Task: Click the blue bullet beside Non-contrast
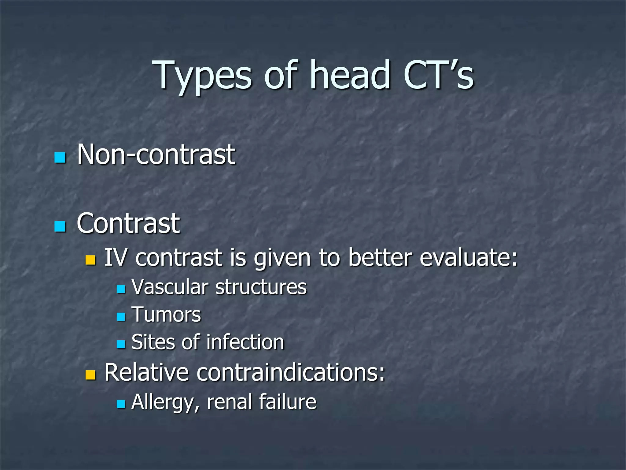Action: tap(60, 157)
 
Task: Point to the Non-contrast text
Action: tap(156, 155)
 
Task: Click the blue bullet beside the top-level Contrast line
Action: tap(60, 226)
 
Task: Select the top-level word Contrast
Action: tap(128, 224)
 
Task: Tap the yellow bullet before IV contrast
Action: tap(90, 260)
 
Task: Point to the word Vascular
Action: tap(170, 287)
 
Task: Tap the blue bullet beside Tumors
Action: tap(121, 316)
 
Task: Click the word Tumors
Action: tap(166, 315)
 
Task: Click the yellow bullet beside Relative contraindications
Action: tap(90, 375)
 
